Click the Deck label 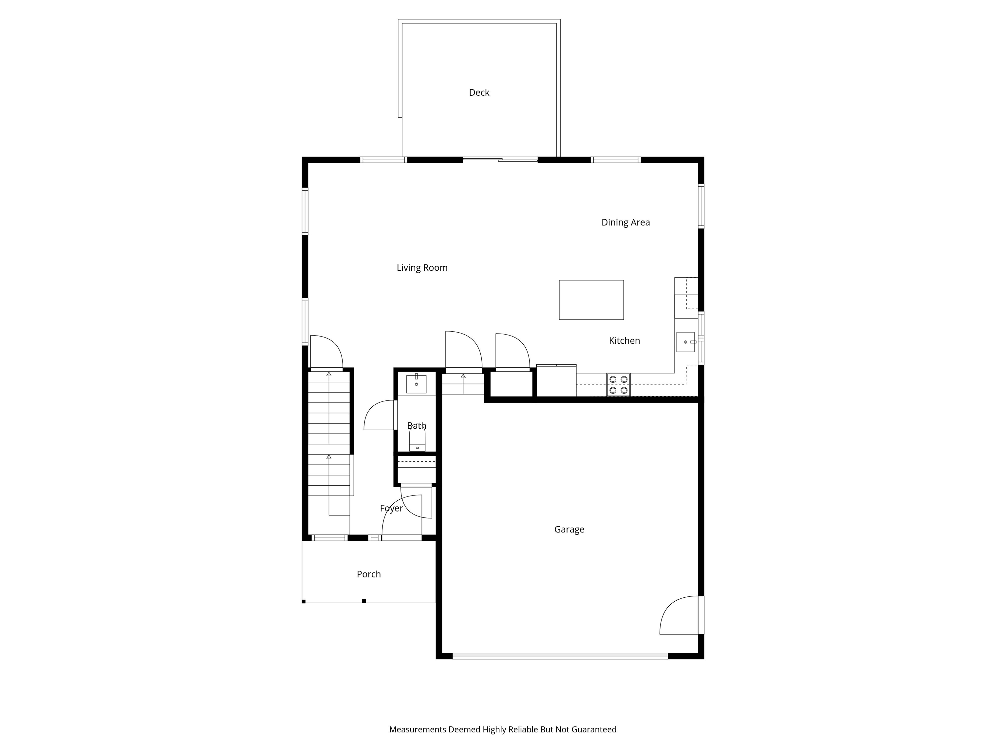(x=479, y=92)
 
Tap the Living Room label (x=422, y=268)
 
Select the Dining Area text (x=625, y=223)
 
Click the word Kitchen (x=624, y=340)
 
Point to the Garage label (x=569, y=529)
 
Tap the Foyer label (x=391, y=508)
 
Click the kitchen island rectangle (x=591, y=300)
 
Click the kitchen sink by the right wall (x=685, y=342)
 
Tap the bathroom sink (x=416, y=384)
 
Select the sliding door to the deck (x=500, y=159)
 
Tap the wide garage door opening (x=560, y=656)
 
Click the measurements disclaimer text (x=503, y=729)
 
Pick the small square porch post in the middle (x=364, y=601)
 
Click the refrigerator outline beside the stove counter (x=556, y=380)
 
